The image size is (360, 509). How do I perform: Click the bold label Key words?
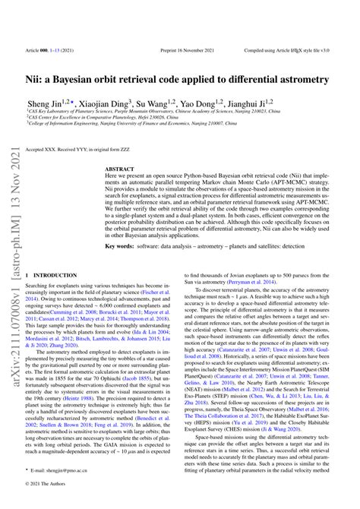click(122, 247)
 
